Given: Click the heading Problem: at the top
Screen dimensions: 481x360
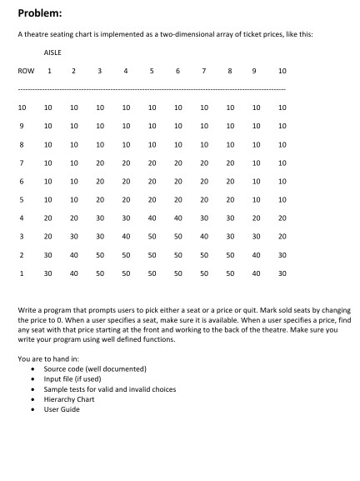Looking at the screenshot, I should (39, 13).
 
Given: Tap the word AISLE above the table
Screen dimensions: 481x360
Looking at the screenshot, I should (52, 52).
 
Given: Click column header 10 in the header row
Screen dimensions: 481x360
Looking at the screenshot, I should (282, 71).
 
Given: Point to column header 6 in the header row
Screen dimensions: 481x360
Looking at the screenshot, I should (178, 71).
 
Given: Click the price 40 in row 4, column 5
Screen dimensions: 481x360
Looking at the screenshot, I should (152, 218).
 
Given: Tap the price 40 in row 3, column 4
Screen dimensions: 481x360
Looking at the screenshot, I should (126, 236).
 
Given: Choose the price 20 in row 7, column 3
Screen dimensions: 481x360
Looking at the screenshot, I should (100, 163).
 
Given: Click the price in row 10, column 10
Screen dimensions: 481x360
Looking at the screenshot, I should (282, 108).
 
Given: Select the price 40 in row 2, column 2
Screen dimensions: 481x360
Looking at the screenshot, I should (74, 254).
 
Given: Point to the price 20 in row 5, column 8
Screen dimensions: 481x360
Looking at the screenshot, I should (229, 199).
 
